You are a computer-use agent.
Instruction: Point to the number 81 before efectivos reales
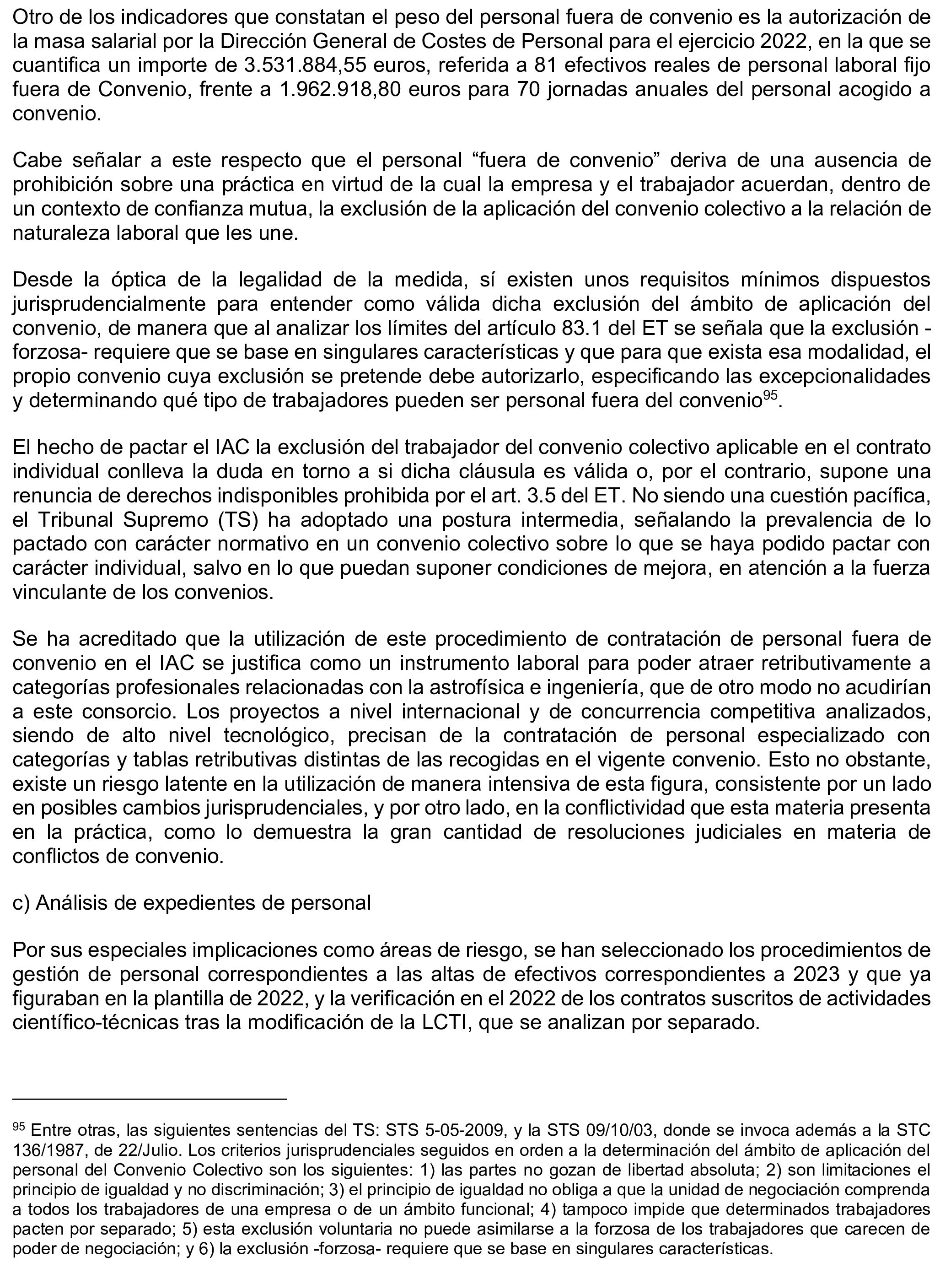[x=546, y=66]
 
